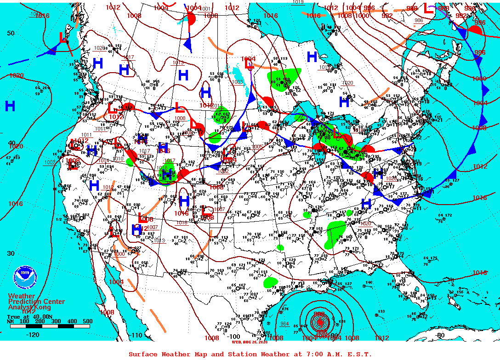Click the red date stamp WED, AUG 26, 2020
click(x=249, y=342)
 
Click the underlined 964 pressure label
click(x=284, y=324)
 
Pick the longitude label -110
click(x=137, y=336)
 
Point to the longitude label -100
click(x=233, y=336)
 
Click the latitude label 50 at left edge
click(x=10, y=33)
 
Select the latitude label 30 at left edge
click(x=10, y=253)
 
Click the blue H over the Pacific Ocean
click(x=10, y=106)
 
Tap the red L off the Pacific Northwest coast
click(x=63, y=38)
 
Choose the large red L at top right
click(x=427, y=7)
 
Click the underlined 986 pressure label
click(x=418, y=20)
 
